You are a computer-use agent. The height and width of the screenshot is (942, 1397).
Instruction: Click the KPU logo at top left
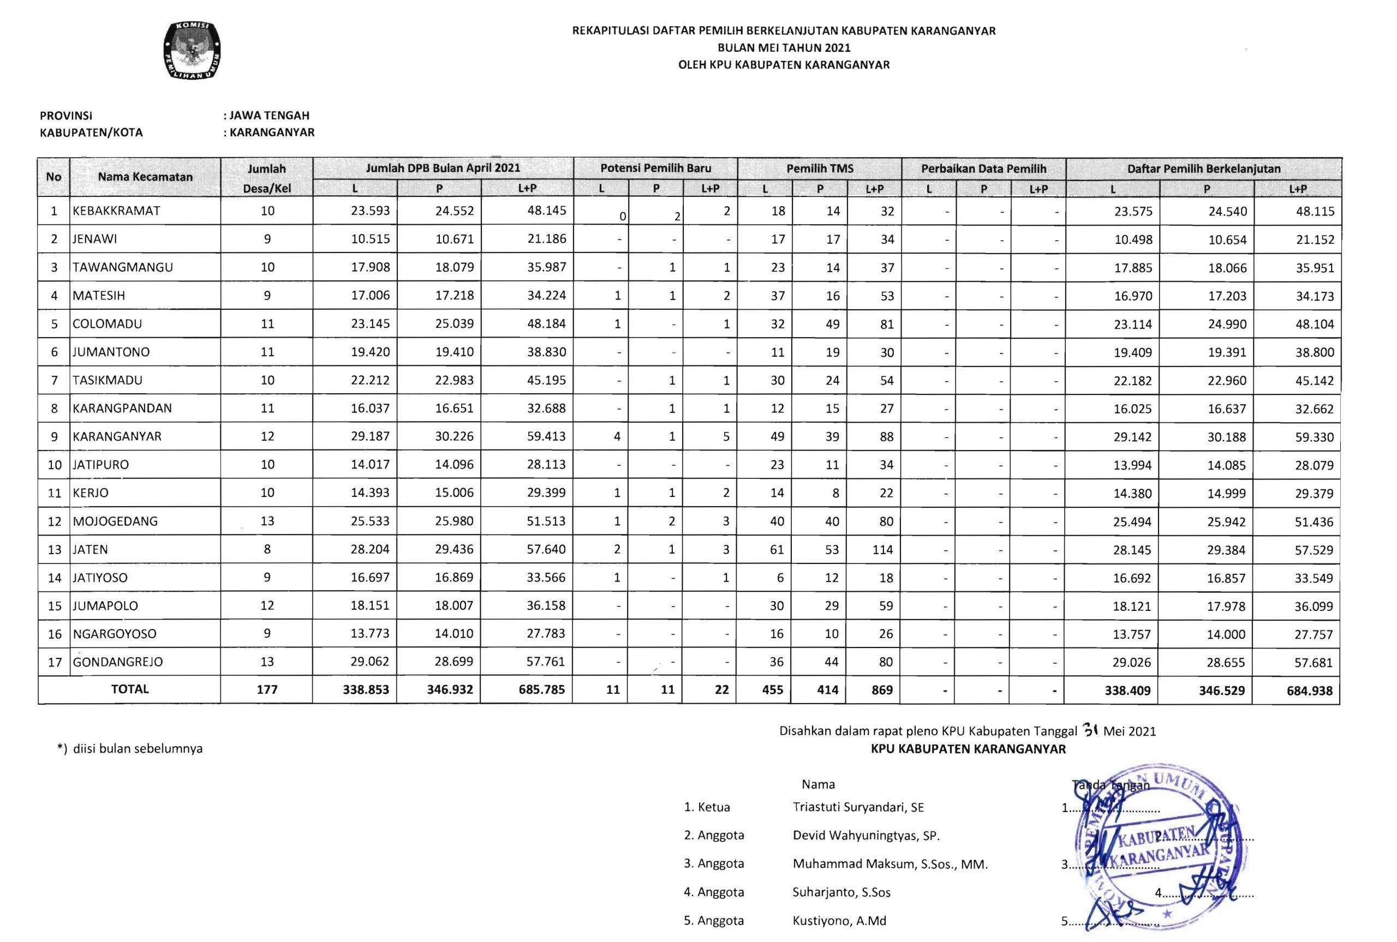point(192,51)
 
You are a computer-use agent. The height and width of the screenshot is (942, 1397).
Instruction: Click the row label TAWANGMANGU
point(123,267)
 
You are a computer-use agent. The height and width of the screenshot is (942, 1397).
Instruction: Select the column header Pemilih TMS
point(820,169)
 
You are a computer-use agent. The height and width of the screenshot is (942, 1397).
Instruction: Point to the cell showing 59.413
point(546,436)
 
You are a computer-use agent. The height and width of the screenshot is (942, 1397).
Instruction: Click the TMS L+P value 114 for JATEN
point(882,549)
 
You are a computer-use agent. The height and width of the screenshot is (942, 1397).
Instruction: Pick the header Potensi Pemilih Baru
point(655,168)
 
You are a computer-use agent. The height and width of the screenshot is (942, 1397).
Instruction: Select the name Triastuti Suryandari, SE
point(858,807)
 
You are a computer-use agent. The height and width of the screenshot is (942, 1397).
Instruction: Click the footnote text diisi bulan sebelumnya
point(138,748)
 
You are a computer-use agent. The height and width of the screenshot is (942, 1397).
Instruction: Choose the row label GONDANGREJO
point(118,662)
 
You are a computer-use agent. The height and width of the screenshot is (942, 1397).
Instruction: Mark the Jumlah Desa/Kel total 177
point(267,689)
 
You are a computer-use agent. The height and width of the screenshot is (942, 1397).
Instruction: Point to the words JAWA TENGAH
point(270,115)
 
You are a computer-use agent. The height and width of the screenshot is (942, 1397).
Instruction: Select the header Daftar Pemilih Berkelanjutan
point(1203,169)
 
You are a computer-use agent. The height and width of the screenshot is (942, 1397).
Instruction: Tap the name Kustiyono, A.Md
point(839,920)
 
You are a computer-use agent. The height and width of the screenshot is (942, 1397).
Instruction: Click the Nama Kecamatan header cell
point(145,177)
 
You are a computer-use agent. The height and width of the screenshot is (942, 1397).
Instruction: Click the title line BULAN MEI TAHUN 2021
point(784,48)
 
